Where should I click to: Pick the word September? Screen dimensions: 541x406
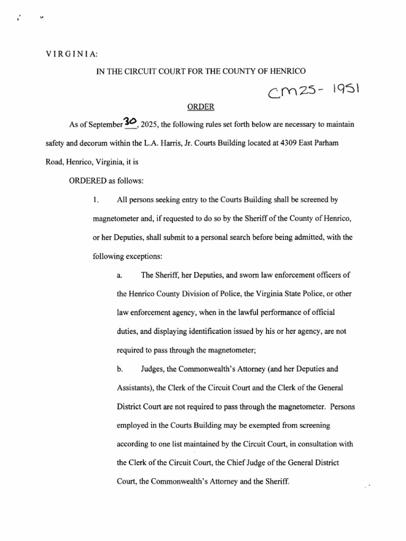(103, 125)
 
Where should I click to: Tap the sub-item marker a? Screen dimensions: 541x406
(119, 275)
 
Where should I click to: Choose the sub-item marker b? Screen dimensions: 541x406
(119, 369)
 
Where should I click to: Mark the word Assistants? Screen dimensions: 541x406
(135, 388)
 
